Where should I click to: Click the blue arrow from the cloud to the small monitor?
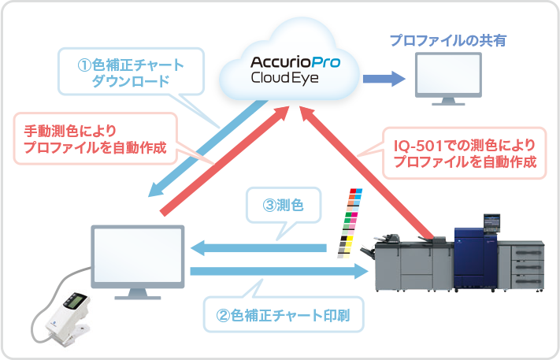(x=382, y=79)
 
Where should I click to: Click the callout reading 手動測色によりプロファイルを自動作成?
(x=95, y=139)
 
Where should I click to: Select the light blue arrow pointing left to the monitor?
(x=260, y=248)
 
